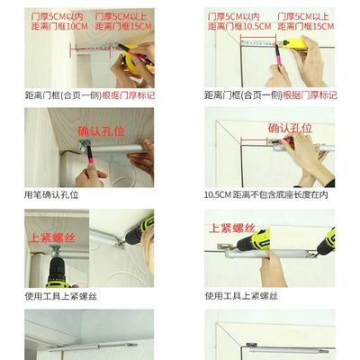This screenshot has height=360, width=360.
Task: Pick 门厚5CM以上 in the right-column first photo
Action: point(308,17)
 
